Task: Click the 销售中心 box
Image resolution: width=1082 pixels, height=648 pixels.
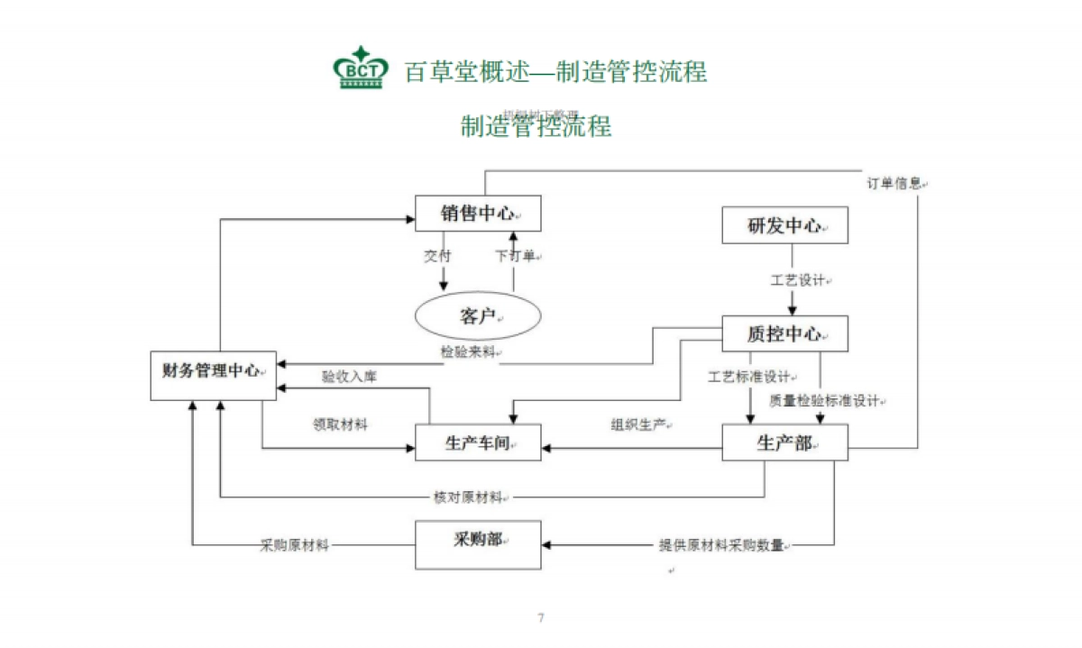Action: [x=478, y=214]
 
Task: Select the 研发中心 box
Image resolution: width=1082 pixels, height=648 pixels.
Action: [x=784, y=225]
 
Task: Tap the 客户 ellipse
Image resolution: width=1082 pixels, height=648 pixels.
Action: [x=477, y=316]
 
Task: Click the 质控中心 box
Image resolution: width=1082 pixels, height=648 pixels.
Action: [x=784, y=333]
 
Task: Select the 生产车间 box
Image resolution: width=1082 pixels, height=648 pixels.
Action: [x=478, y=443]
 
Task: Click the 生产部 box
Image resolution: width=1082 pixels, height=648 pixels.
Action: [x=784, y=443]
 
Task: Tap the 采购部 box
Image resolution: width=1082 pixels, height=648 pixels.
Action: [x=478, y=544]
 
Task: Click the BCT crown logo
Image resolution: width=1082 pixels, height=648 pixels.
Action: [x=361, y=68]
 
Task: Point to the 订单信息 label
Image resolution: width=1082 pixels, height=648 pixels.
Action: [x=894, y=183]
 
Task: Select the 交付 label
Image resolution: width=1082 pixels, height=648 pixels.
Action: [x=437, y=256]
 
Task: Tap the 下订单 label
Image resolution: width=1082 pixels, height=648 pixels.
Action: [x=516, y=256]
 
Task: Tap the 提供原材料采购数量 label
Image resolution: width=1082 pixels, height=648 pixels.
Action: [x=721, y=545]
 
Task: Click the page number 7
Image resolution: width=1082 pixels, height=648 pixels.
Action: [x=541, y=618]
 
